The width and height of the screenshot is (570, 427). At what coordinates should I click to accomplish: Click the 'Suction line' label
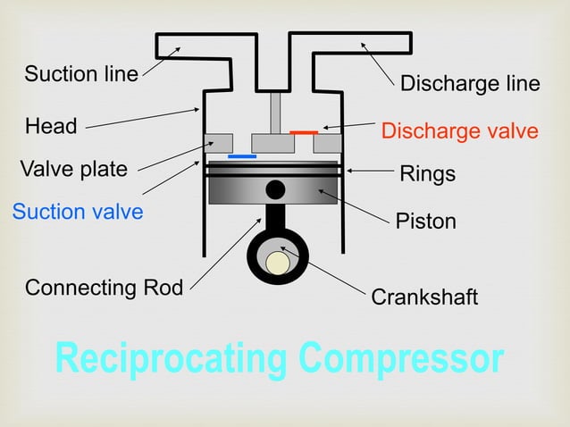tap(81, 74)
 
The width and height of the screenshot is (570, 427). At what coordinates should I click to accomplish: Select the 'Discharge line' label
tap(470, 84)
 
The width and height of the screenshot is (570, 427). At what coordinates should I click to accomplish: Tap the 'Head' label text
tap(51, 126)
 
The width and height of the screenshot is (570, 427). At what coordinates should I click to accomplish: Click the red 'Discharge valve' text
tap(459, 131)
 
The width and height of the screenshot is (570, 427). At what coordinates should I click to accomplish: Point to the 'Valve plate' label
tap(74, 169)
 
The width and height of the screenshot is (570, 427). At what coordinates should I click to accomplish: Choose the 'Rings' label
tap(427, 174)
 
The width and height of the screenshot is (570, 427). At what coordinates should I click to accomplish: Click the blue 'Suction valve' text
tap(78, 212)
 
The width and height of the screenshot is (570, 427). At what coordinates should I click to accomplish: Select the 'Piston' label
tap(425, 221)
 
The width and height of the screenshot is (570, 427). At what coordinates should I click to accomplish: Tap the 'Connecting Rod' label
tap(104, 288)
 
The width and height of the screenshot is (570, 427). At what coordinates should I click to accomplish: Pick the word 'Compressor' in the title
tap(401, 358)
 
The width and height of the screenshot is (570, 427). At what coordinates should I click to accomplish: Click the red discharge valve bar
tap(304, 132)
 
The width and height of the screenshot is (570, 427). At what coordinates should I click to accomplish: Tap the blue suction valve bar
tap(242, 156)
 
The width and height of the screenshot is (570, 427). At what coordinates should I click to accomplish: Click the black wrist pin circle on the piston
tap(276, 188)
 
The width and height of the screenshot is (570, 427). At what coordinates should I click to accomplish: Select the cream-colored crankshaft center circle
tap(278, 263)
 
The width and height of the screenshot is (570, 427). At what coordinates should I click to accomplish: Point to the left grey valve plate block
tap(219, 143)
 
